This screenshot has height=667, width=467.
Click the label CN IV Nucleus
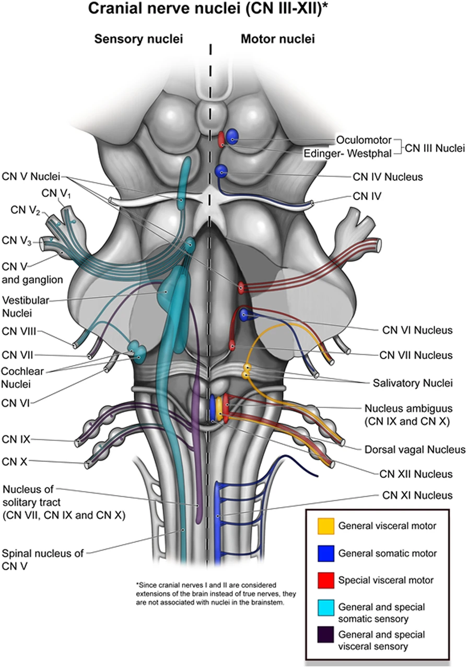pyautogui.click(x=388, y=177)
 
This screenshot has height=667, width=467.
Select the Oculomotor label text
pyautogui.click(x=364, y=140)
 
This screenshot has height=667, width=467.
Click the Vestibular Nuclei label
pyautogui.click(x=24, y=306)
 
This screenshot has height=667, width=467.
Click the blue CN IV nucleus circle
pyautogui.click(x=222, y=171)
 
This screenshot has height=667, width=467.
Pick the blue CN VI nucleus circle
pyautogui.click(x=244, y=314)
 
